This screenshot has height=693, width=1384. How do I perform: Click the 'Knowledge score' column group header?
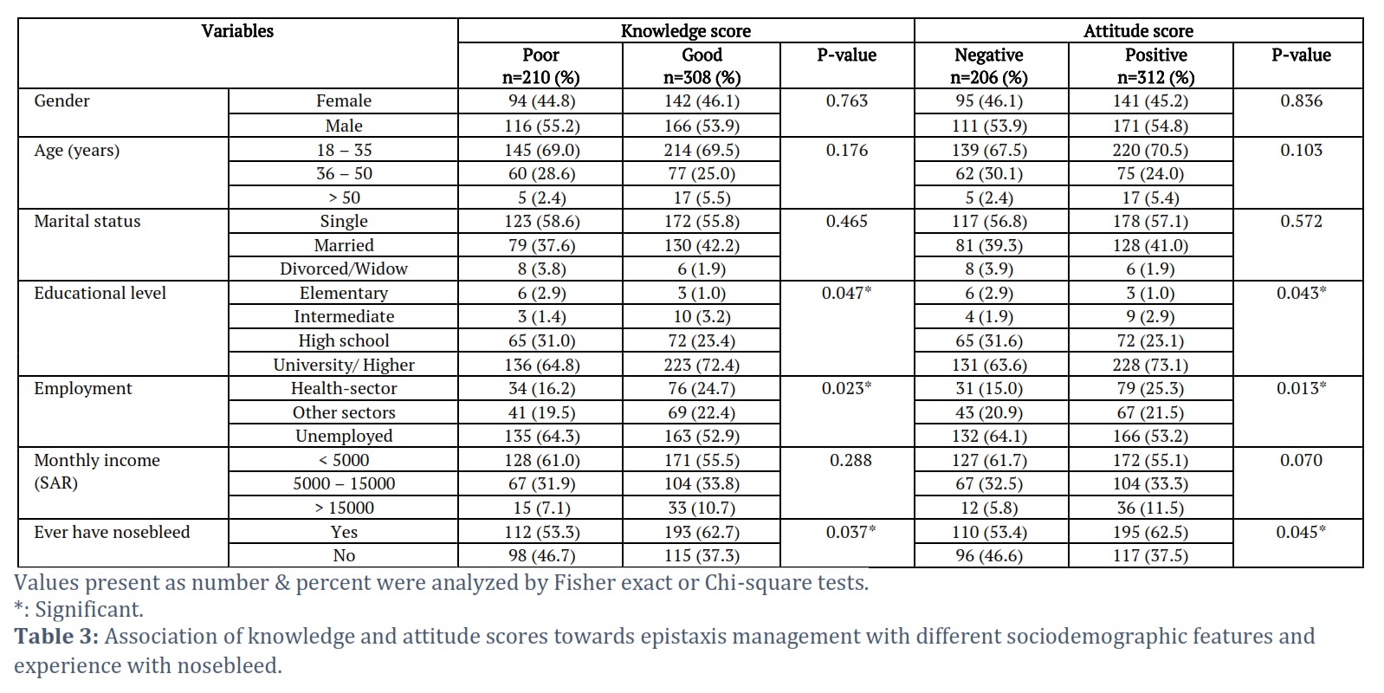(x=686, y=31)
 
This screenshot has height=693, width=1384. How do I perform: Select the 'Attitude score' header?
(x=1138, y=31)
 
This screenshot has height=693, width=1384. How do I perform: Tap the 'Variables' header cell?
(x=237, y=31)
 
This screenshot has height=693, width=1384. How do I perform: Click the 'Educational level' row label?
(x=100, y=293)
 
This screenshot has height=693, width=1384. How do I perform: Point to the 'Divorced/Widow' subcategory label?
(x=344, y=269)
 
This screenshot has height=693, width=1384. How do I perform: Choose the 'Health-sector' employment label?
(x=344, y=388)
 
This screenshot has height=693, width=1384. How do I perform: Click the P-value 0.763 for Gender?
(x=846, y=100)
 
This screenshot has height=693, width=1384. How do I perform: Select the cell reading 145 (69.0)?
(x=540, y=150)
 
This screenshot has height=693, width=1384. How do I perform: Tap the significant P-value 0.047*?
(x=846, y=293)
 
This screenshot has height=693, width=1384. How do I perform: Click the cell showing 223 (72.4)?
(x=702, y=365)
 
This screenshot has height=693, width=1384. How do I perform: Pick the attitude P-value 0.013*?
(x=1301, y=388)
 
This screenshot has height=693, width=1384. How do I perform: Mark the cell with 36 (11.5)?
(x=1150, y=508)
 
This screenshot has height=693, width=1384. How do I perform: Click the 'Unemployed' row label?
(x=344, y=437)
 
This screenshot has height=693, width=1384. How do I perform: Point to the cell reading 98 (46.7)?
(x=540, y=556)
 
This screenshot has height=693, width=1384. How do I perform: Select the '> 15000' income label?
(x=344, y=508)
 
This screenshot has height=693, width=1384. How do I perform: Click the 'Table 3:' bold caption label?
(x=56, y=636)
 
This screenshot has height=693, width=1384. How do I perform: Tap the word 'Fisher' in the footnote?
(x=580, y=583)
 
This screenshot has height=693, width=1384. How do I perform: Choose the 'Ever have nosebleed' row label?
(x=112, y=532)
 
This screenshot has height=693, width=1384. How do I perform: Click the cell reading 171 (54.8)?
(x=1150, y=126)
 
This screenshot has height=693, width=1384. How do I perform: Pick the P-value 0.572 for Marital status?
(x=1301, y=221)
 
